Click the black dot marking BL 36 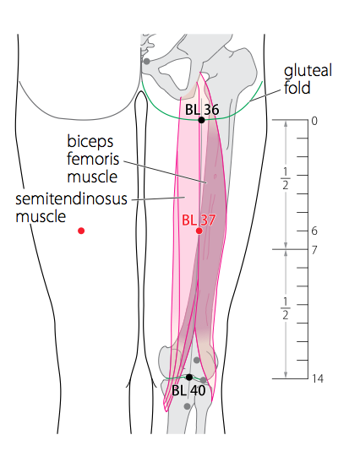(x=201, y=120)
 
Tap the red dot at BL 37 (x=199, y=231)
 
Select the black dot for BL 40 (x=189, y=377)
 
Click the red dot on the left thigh (x=81, y=231)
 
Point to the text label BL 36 (x=202, y=110)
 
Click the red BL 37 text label (x=199, y=220)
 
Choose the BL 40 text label (x=188, y=390)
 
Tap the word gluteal (x=308, y=71)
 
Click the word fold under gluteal (x=297, y=88)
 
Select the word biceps (x=90, y=142)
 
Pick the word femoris (x=93, y=159)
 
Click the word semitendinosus (x=71, y=199)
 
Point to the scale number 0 (x=314, y=122)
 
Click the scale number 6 (x=314, y=231)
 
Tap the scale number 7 (x=314, y=250)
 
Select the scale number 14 (x=318, y=378)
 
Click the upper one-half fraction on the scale (x=285, y=178)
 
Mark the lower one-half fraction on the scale (x=285, y=308)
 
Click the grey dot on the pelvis (x=147, y=62)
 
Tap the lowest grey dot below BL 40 (x=187, y=406)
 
